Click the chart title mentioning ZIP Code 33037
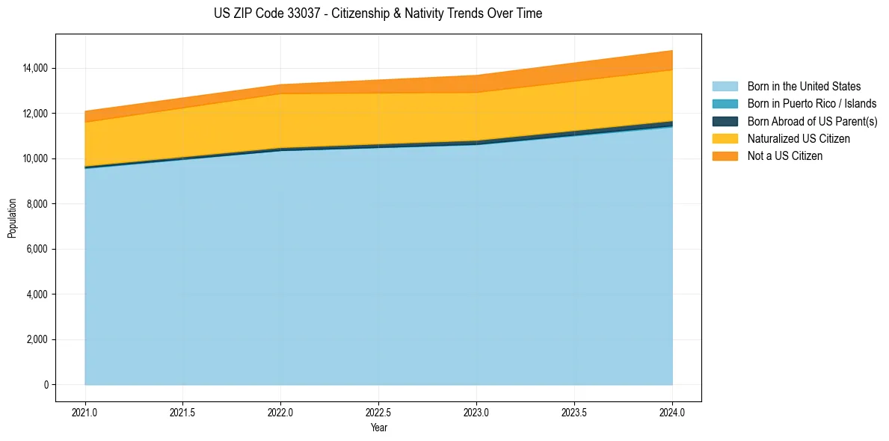(x=378, y=13)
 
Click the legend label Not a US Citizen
(x=784, y=156)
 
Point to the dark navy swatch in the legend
(x=725, y=121)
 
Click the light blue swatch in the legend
(x=725, y=87)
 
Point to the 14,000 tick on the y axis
(x=35, y=68)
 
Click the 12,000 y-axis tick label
(x=35, y=114)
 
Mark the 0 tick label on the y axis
(x=46, y=385)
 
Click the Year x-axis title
(x=378, y=428)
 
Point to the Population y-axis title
(x=12, y=218)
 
